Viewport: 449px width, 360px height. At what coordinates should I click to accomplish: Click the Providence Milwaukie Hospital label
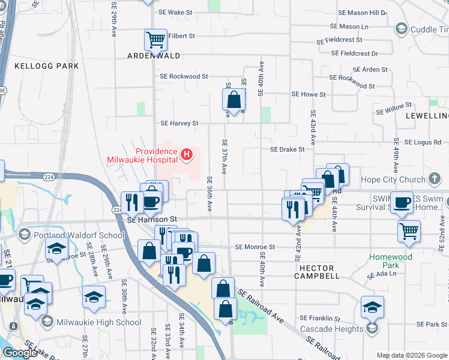point(142,156)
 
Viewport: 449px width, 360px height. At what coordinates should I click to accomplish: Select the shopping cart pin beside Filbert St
point(155,40)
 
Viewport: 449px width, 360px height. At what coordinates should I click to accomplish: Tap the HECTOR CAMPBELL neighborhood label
point(317,271)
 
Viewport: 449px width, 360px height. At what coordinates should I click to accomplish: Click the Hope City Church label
point(393,179)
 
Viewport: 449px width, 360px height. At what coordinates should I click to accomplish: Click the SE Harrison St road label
point(153,220)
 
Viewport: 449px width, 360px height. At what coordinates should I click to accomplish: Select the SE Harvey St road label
point(179,123)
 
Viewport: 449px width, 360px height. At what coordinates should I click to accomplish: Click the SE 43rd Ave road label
point(313,130)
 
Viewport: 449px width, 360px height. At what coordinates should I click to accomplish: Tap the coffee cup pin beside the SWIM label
point(402,202)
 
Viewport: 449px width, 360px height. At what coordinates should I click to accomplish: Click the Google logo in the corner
point(20,352)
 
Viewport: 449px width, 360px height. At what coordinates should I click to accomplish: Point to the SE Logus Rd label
point(423,142)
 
